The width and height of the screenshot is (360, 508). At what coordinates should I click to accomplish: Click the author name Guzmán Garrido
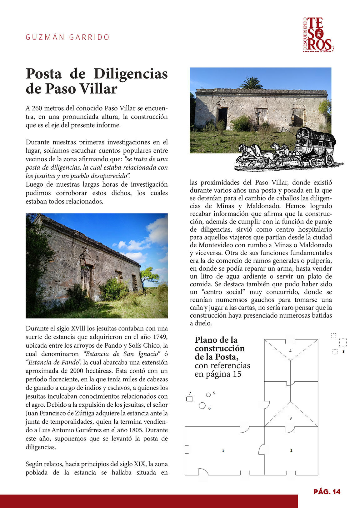click(67, 37)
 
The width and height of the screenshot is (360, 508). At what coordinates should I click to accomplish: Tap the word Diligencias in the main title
click(131, 74)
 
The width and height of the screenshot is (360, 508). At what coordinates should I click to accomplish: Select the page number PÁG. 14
click(327, 492)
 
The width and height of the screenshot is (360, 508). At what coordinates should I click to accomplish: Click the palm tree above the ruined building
click(252, 83)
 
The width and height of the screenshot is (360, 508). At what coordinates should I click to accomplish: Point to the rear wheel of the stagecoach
click(329, 159)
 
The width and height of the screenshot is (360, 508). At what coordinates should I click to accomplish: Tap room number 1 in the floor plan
click(223, 451)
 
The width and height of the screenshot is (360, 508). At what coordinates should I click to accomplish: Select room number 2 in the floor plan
click(291, 450)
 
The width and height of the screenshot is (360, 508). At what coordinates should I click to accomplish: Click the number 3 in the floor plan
click(291, 418)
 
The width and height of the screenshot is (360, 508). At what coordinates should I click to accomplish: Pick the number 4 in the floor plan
click(290, 351)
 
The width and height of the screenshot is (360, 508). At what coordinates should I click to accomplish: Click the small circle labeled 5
click(208, 395)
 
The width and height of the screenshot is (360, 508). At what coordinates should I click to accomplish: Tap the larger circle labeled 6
click(202, 406)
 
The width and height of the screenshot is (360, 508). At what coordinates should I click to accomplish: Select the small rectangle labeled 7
click(189, 399)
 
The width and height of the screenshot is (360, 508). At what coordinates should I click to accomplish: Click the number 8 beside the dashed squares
click(343, 351)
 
